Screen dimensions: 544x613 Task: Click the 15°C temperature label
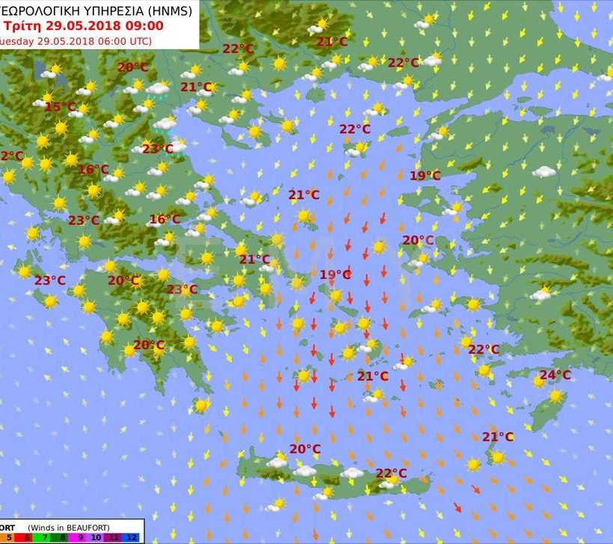(x=60, y=107)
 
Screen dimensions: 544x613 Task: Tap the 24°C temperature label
(x=555, y=375)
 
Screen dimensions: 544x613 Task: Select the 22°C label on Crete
(x=391, y=473)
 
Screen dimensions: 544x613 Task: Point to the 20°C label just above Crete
(x=305, y=449)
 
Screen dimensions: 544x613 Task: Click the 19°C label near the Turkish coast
(x=425, y=176)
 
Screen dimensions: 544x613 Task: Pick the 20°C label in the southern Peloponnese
(x=149, y=345)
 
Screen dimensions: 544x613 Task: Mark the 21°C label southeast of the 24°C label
(x=497, y=437)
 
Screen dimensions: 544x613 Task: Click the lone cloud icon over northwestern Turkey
(x=543, y=172)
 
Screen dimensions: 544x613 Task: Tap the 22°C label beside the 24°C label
(x=484, y=349)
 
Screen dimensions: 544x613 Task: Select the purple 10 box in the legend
(x=96, y=537)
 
